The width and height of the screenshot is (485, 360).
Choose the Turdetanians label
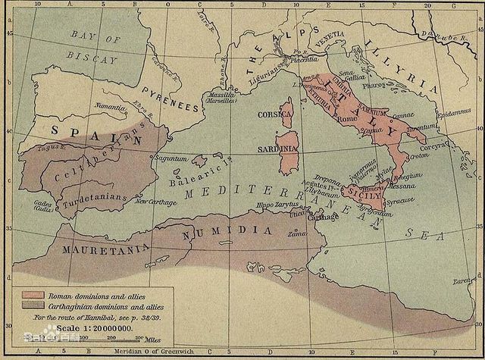[92, 197]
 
